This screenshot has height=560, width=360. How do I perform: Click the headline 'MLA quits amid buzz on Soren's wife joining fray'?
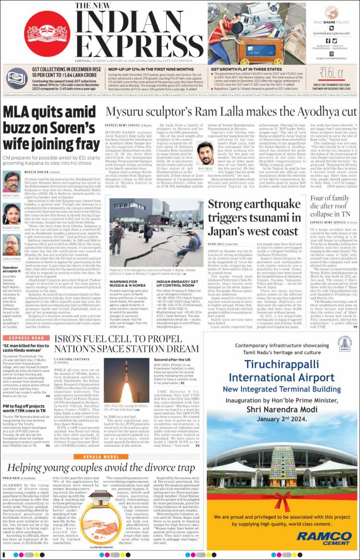[49, 128]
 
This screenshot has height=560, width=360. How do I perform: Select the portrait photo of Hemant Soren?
[11, 182]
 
